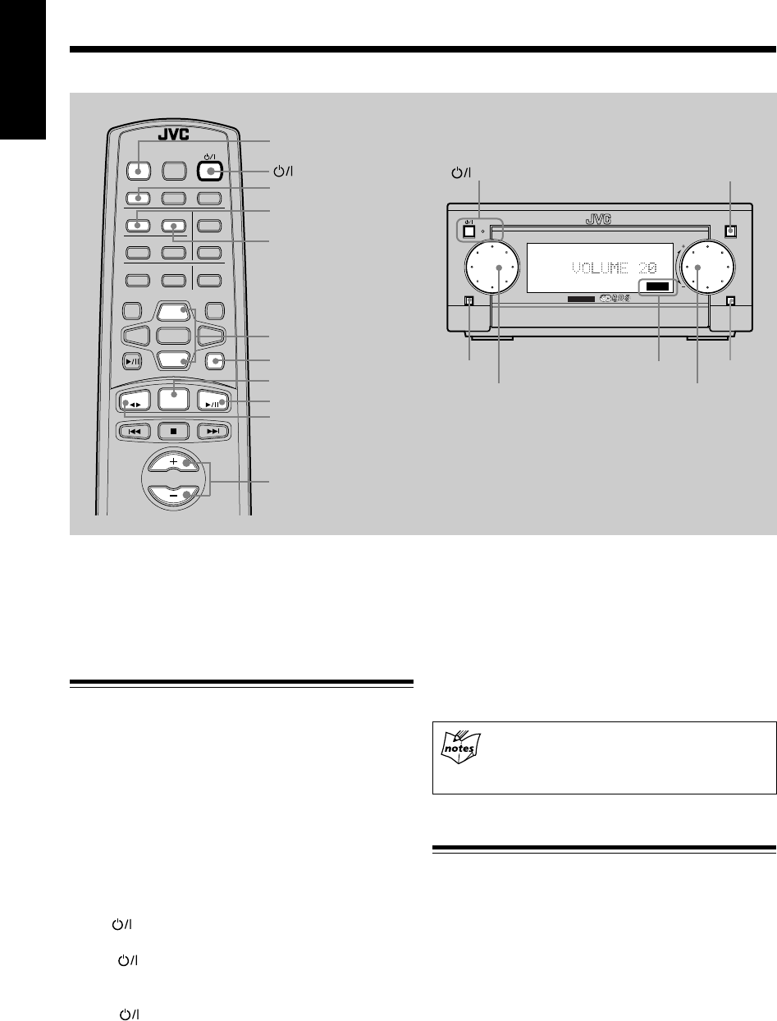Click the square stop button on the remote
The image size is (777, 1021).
pyautogui.click(x=173, y=429)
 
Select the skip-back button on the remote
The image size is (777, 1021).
pyautogui.click(x=133, y=429)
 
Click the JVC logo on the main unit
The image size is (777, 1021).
pyautogui.click(x=601, y=219)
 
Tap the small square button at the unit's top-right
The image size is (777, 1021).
pyautogui.click(x=729, y=231)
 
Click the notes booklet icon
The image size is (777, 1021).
pyautogui.click(x=459, y=747)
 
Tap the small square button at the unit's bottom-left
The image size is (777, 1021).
pyautogui.click(x=468, y=301)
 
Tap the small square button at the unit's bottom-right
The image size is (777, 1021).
pyautogui.click(x=729, y=300)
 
